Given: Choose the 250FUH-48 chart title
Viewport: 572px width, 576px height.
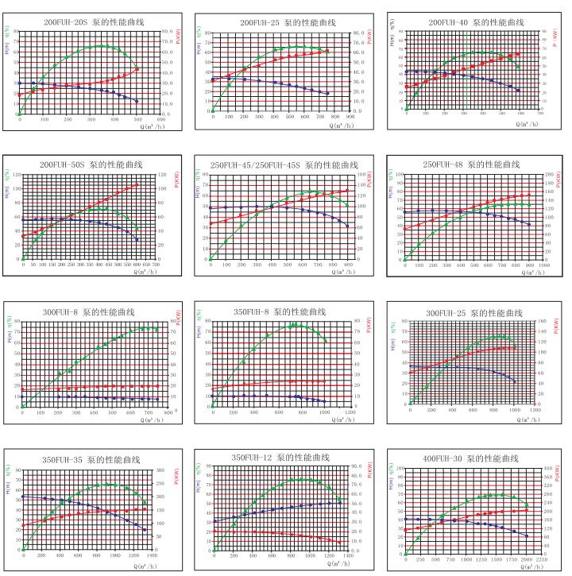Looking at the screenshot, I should (x=471, y=164).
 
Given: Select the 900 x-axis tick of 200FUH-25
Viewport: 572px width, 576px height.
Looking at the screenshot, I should (x=350, y=117).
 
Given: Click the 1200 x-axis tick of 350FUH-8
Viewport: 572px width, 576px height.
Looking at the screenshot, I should (x=350, y=412).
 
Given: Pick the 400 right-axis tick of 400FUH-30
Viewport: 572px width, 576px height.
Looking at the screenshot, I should (x=547, y=468).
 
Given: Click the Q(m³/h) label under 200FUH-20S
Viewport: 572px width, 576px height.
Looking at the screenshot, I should (x=155, y=126).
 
